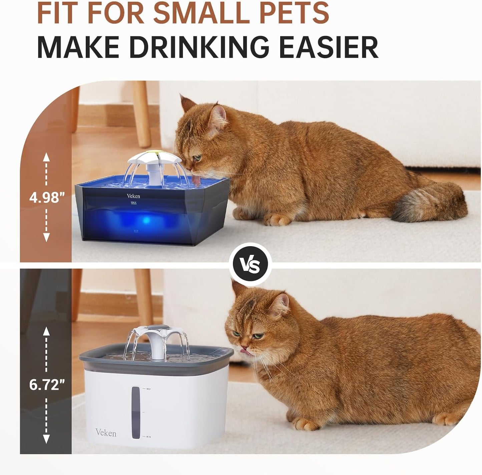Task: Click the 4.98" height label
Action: pos(46,197)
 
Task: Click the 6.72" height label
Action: pos(46,385)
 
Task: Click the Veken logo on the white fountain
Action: pos(106,433)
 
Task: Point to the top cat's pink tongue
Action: pos(197,181)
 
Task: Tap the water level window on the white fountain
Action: pos(136,412)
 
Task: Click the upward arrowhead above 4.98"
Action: pos(46,157)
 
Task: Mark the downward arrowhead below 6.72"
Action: pos(46,439)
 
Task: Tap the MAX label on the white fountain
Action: pos(148,389)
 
